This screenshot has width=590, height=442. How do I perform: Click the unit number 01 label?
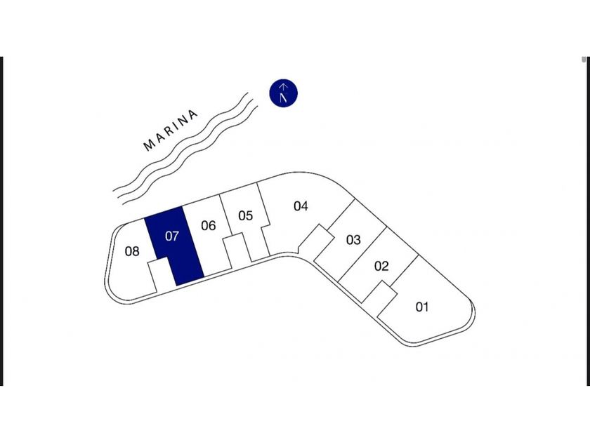pyautogui.click(x=422, y=307)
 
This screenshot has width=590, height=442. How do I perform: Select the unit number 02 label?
pyautogui.click(x=381, y=267)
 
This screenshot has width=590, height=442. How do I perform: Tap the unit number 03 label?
pyautogui.click(x=353, y=240)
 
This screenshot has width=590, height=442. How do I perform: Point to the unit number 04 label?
pyautogui.click(x=301, y=206)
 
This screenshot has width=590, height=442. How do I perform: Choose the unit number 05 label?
pyautogui.click(x=245, y=215)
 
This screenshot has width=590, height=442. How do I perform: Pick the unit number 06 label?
pyautogui.click(x=208, y=226)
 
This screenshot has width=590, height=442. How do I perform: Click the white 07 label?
pyautogui.click(x=172, y=236)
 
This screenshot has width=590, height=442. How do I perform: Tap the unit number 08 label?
pyautogui.click(x=132, y=251)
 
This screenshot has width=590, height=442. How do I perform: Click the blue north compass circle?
pyautogui.click(x=284, y=93)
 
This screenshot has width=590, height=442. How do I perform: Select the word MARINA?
pyautogui.click(x=171, y=130)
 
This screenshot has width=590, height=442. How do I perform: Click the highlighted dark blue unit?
pyautogui.click(x=174, y=246)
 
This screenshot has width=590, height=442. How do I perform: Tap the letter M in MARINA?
pyautogui.click(x=148, y=146)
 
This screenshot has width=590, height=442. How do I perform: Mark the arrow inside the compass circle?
pyautogui.click(x=284, y=93)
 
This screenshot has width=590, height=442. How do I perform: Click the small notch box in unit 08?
pyautogui.click(x=160, y=274)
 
